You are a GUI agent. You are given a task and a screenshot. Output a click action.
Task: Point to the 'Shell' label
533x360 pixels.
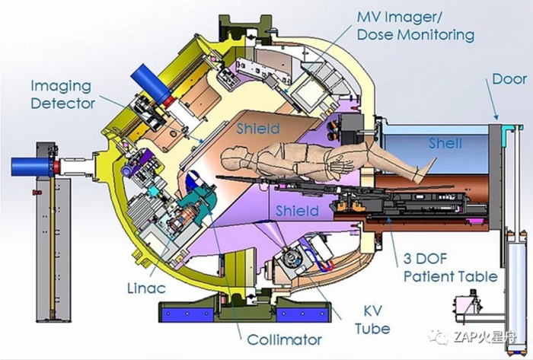coord(445,143)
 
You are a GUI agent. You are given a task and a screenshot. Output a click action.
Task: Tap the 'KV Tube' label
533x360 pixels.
coord(372,320)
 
